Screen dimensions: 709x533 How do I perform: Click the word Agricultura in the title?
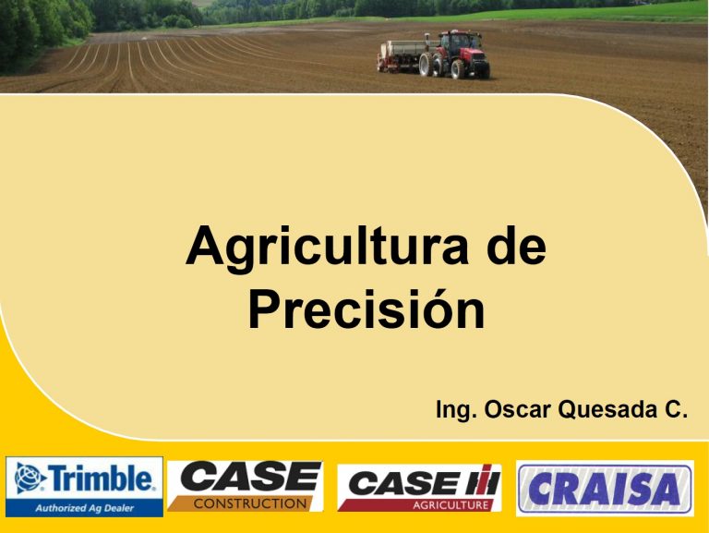pyautogui.click(x=327, y=248)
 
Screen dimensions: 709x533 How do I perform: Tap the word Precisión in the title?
pyautogui.click(x=367, y=309)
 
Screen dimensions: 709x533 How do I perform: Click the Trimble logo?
pyautogui.click(x=85, y=487)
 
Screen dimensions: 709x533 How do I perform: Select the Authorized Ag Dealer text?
pyautogui.click(x=85, y=508)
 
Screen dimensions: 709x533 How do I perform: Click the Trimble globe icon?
pyautogui.click(x=30, y=478)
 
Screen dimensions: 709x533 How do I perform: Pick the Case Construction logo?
pyautogui.click(x=246, y=486)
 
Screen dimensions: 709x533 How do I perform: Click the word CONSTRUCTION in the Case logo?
pyautogui.click(x=250, y=503)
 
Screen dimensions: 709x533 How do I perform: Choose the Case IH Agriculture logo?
pyautogui.click(x=420, y=488)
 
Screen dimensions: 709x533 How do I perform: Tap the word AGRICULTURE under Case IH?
pyautogui.click(x=451, y=505)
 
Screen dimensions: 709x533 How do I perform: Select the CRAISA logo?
pyautogui.click(x=605, y=489)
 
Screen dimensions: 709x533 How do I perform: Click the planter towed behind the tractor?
pyautogui.click(x=401, y=56)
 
